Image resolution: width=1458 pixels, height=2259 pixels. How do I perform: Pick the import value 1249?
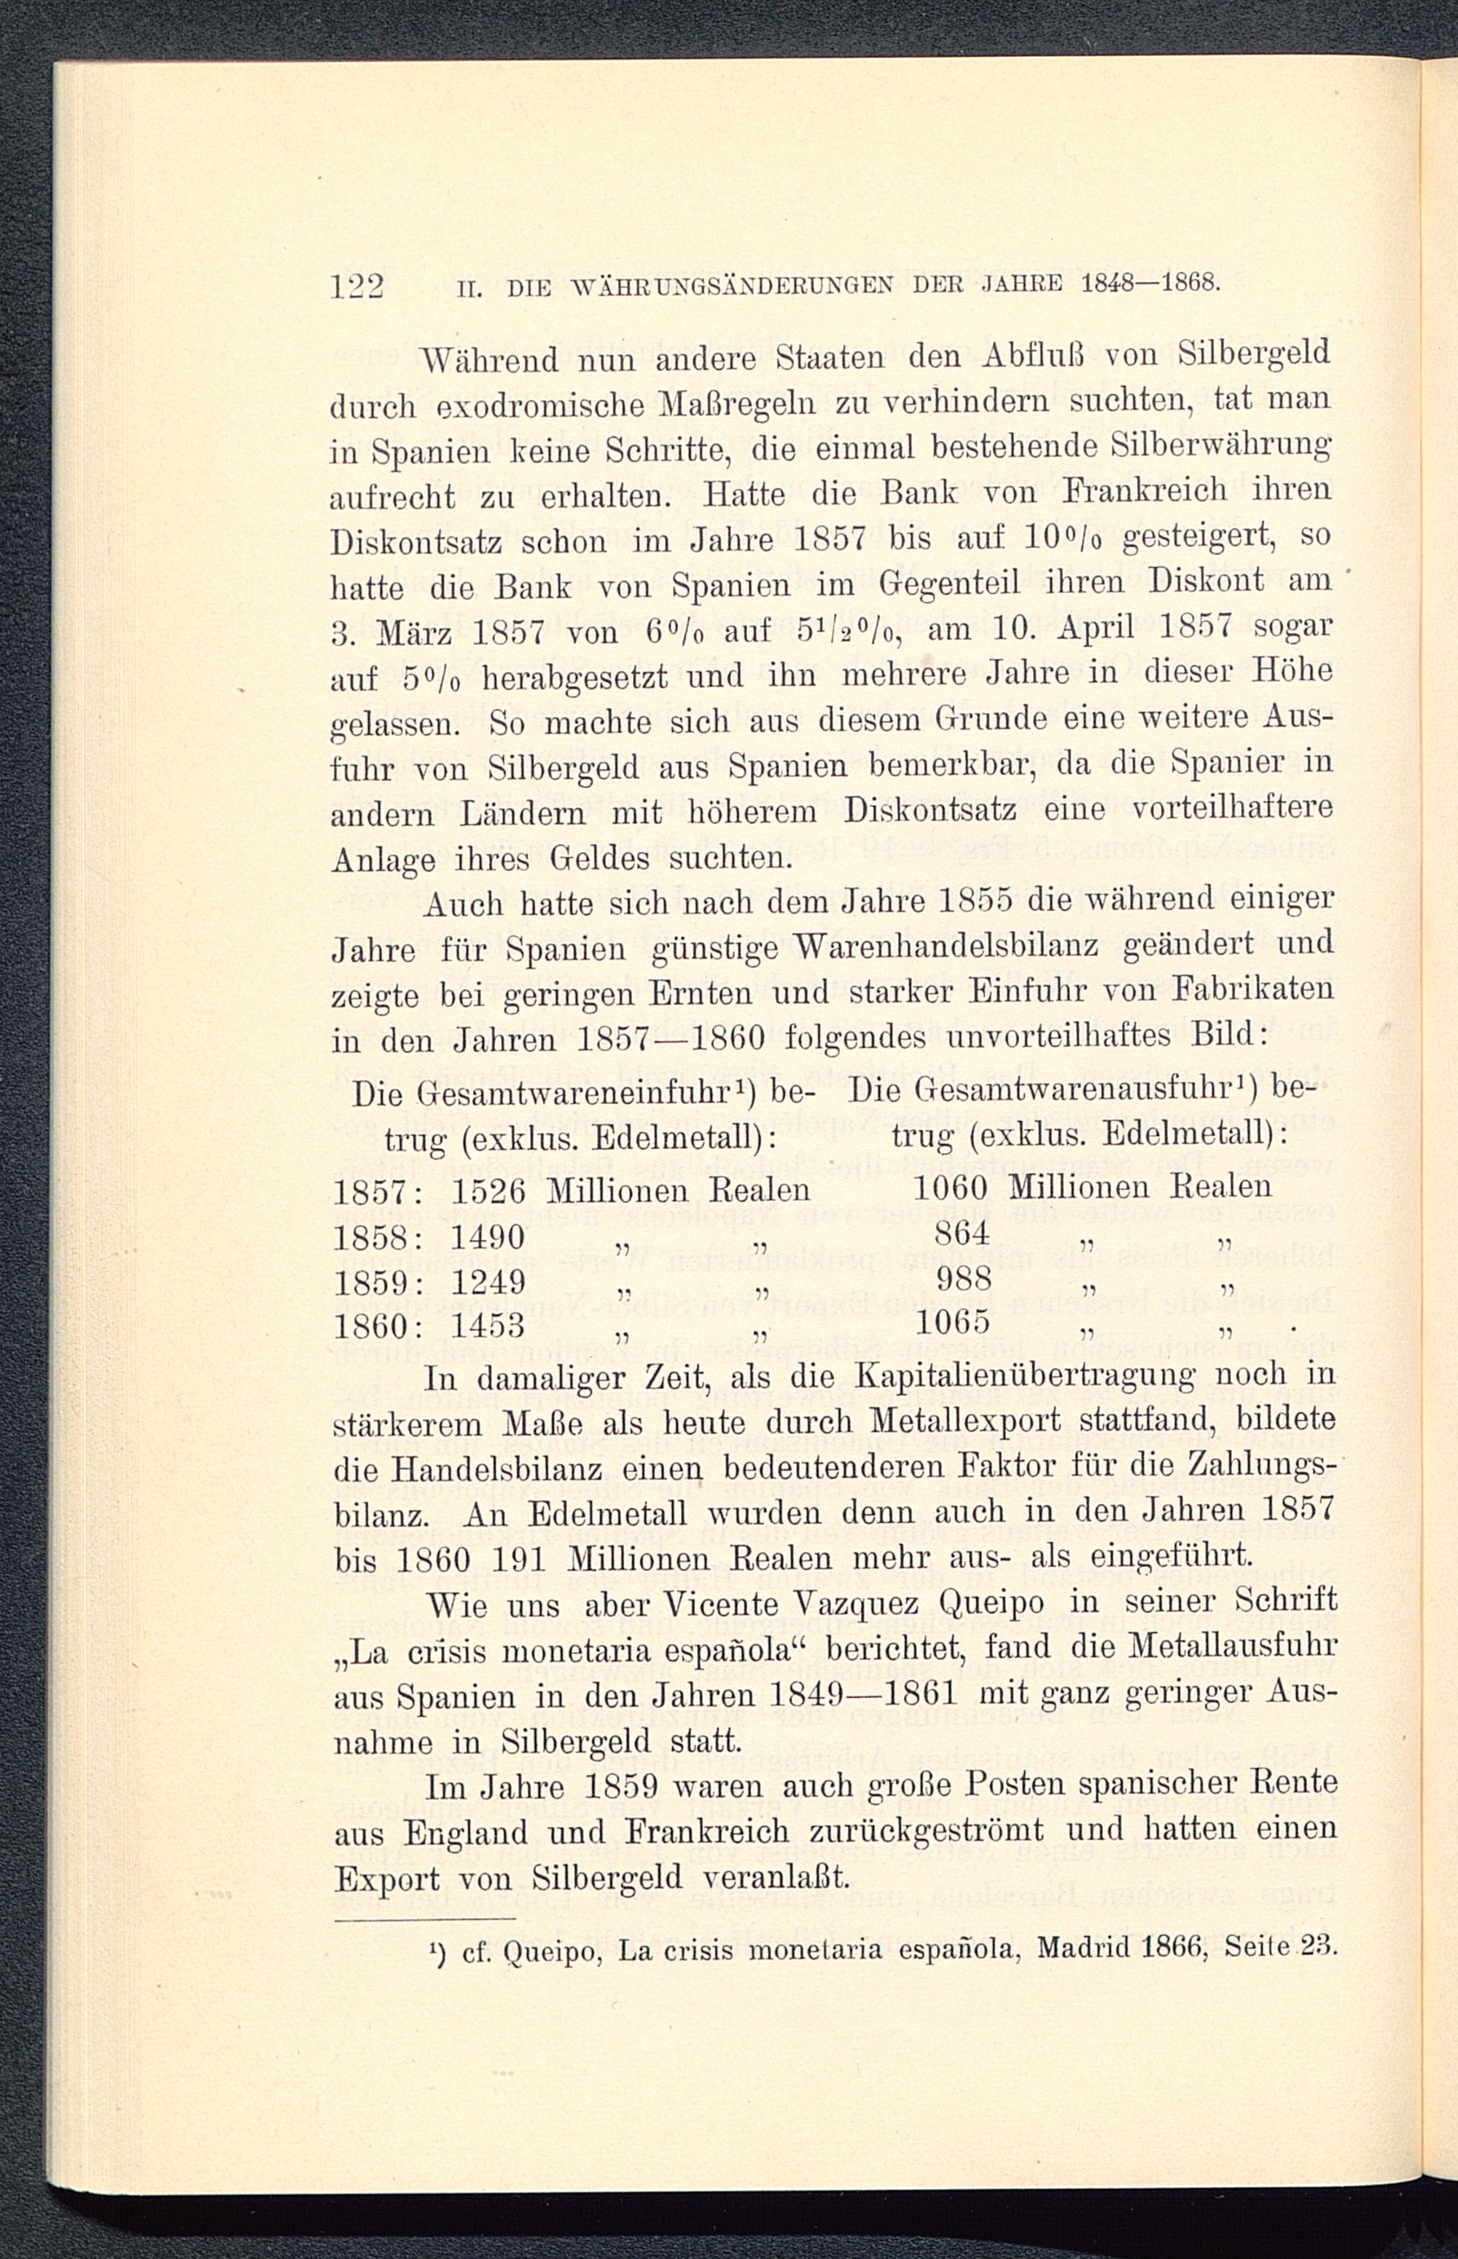pyautogui.click(x=488, y=1283)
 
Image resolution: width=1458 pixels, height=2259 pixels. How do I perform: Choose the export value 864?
pyautogui.click(x=961, y=1232)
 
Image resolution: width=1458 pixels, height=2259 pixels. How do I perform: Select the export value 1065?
pyautogui.click(x=952, y=1321)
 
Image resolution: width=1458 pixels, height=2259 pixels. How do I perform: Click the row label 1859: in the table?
pyautogui.click(x=383, y=1283)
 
